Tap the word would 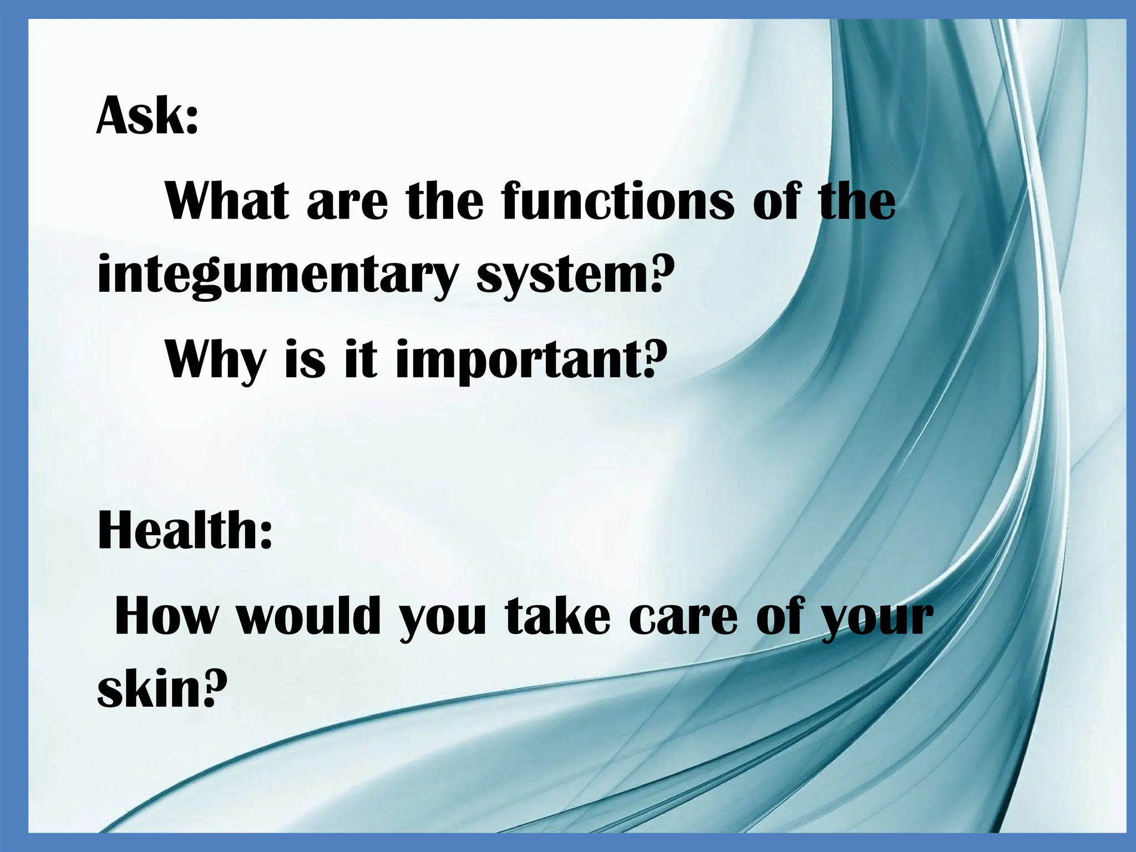(308, 616)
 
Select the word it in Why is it (361, 359)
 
